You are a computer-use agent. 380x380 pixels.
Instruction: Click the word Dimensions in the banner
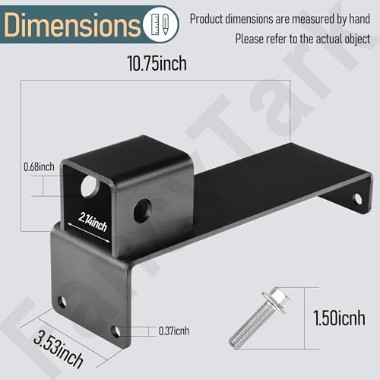(71, 24)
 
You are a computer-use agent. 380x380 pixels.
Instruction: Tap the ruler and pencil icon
(160, 24)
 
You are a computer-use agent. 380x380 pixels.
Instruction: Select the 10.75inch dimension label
(157, 63)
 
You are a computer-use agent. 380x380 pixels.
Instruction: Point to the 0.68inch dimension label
(39, 166)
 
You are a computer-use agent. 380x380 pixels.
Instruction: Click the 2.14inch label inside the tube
(93, 222)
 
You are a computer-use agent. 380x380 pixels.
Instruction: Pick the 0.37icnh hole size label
(174, 331)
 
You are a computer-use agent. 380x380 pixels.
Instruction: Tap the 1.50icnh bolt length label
(339, 318)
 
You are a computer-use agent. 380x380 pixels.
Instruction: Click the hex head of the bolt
(277, 299)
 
